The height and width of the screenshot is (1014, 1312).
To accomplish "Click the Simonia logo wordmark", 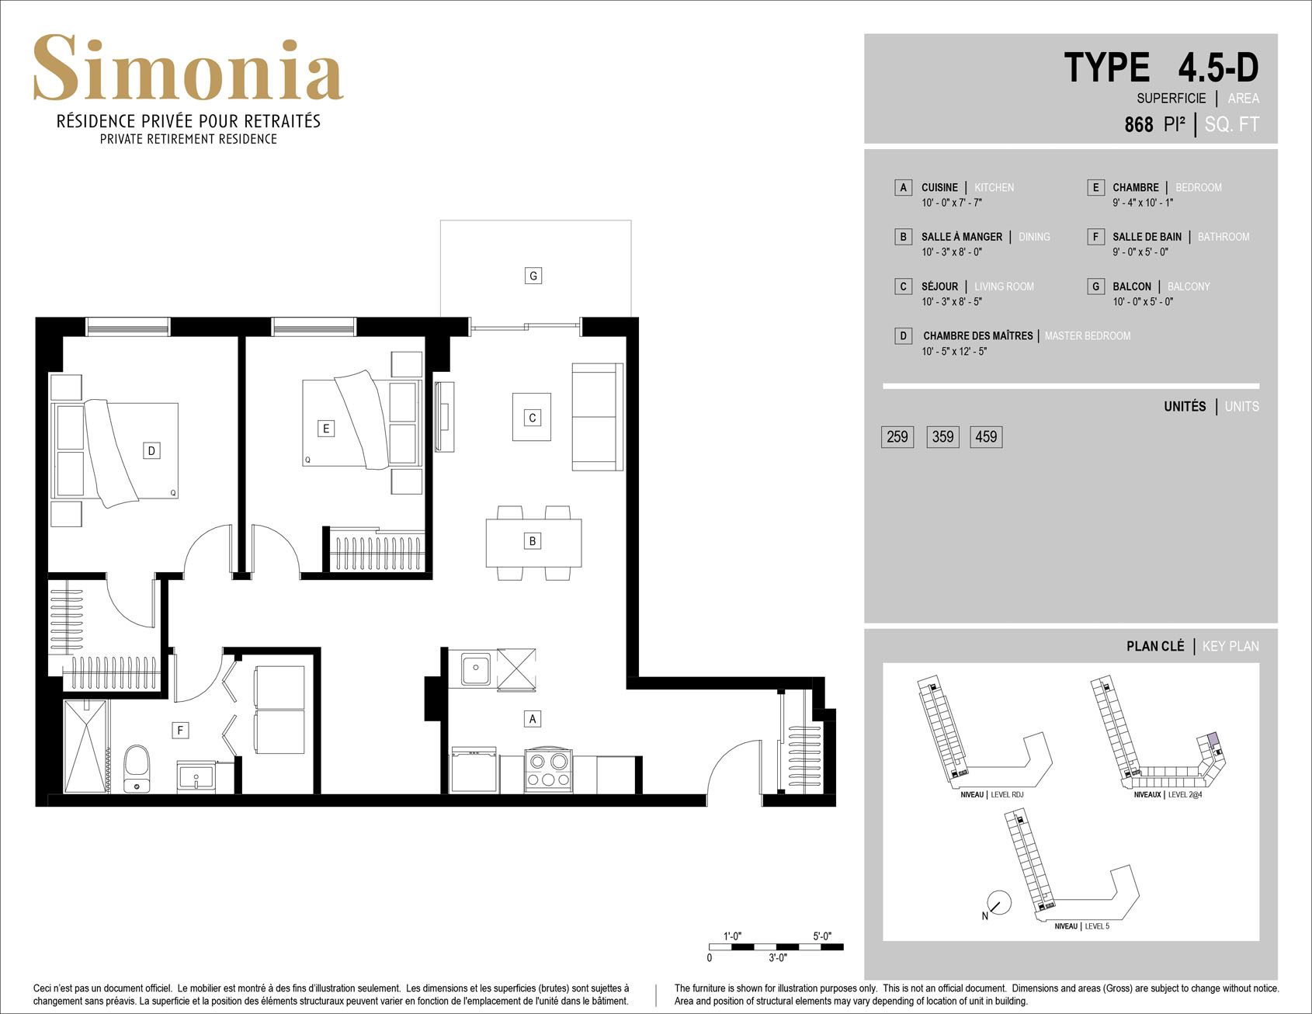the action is pyautogui.click(x=188, y=68).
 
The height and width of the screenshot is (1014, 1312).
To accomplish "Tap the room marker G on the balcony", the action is pyautogui.click(x=533, y=276).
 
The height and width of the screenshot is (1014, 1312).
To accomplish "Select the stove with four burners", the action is pyautogui.click(x=549, y=770).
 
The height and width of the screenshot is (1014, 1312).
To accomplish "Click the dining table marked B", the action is pyautogui.click(x=533, y=543).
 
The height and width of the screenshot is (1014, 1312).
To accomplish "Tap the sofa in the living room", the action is pyautogui.click(x=597, y=417).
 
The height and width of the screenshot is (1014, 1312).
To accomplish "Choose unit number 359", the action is pyautogui.click(x=942, y=437).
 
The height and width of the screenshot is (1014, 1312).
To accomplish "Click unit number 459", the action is pyautogui.click(x=986, y=437).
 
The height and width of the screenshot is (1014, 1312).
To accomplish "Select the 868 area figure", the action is pyautogui.click(x=1139, y=124).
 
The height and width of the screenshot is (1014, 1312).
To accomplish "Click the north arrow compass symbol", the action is pyautogui.click(x=998, y=903).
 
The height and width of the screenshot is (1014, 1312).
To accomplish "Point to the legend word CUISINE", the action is pyautogui.click(x=939, y=188).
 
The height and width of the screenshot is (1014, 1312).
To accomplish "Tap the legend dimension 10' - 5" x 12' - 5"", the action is pyautogui.click(x=954, y=352).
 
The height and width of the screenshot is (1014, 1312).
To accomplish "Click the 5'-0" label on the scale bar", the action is pyautogui.click(x=822, y=936).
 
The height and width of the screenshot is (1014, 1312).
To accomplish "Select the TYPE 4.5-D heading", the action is pyautogui.click(x=1161, y=68).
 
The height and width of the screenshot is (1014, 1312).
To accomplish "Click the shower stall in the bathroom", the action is pyautogui.click(x=85, y=746).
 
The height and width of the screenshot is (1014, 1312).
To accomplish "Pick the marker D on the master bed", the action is pyautogui.click(x=152, y=451).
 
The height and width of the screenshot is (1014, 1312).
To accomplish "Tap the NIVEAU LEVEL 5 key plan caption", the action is pyautogui.click(x=1081, y=926).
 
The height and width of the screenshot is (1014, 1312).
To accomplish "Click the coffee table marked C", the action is pyautogui.click(x=532, y=417).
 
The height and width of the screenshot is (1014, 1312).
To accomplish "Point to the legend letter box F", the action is pyautogui.click(x=1095, y=237).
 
